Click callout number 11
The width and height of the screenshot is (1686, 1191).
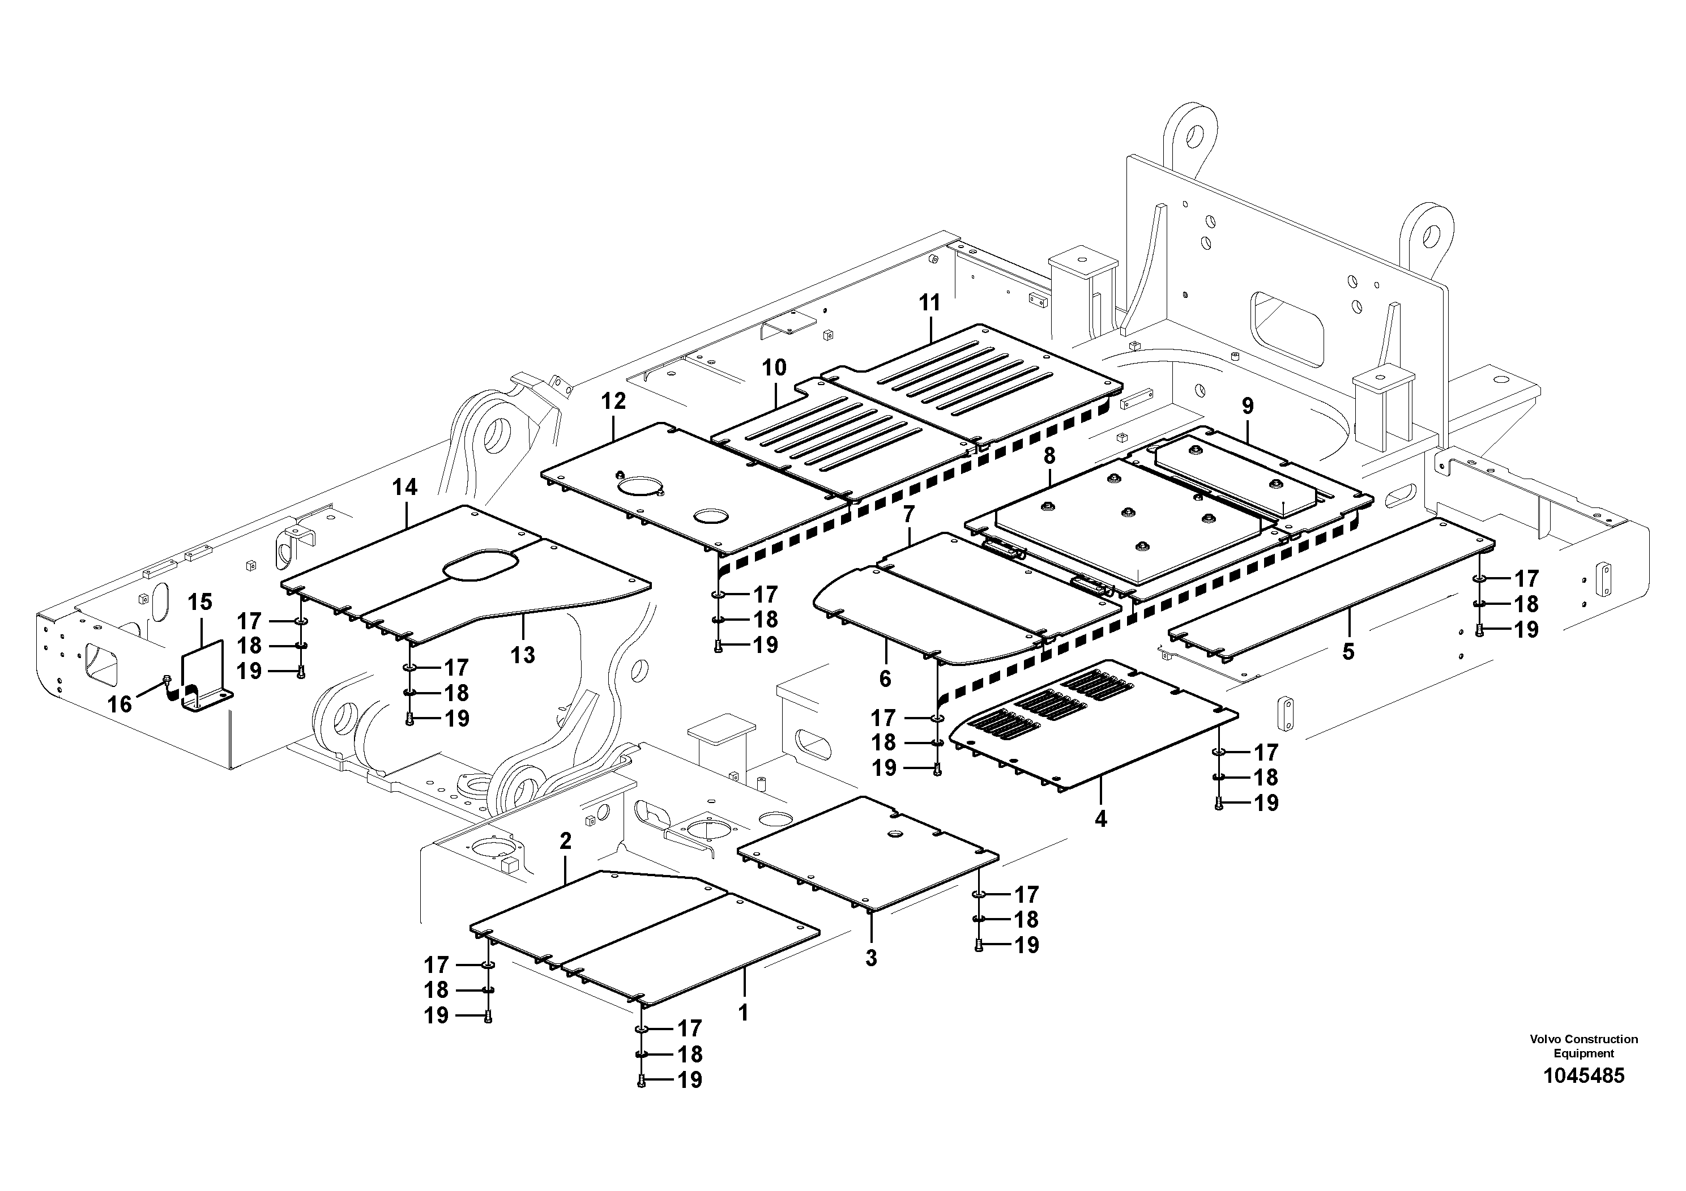pyautogui.click(x=929, y=302)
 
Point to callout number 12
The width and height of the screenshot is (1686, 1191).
pyautogui.click(x=613, y=401)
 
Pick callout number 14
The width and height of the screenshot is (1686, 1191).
pyautogui.click(x=404, y=487)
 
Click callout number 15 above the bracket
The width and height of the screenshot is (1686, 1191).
pyautogui.click(x=200, y=602)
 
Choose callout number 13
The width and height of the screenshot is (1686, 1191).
pyautogui.click(x=523, y=655)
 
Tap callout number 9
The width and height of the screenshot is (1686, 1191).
pyautogui.click(x=1248, y=406)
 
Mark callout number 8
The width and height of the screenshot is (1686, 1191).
pyautogui.click(x=1049, y=456)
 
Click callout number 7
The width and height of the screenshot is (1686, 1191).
pyautogui.click(x=909, y=515)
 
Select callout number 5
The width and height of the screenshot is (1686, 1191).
pyautogui.click(x=1348, y=651)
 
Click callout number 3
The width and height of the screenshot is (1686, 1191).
pyautogui.click(x=871, y=958)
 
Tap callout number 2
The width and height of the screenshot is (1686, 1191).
pyautogui.click(x=565, y=842)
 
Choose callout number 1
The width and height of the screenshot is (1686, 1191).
pyautogui.click(x=743, y=1013)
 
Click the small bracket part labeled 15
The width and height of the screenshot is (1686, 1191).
pyautogui.click(x=204, y=679)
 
